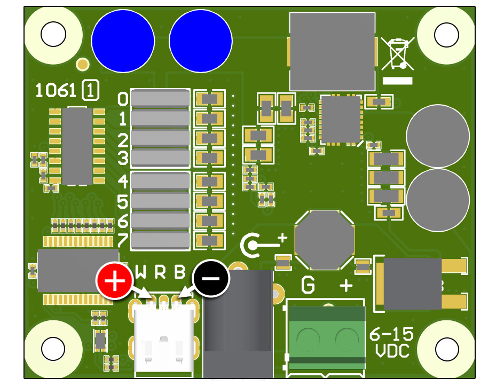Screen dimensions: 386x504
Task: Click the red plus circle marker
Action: coord(114,280)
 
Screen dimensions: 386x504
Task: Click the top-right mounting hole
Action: coord(446,35)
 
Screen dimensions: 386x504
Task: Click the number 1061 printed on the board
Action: coord(56,90)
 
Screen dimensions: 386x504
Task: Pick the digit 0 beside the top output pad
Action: coord(123,99)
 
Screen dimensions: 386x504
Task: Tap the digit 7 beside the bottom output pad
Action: coord(123,240)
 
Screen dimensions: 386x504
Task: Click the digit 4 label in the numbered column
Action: coord(123,182)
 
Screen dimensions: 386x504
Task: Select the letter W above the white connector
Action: coord(140,273)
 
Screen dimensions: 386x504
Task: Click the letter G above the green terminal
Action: coord(308,286)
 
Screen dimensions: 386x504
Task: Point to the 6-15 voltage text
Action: coord(391,335)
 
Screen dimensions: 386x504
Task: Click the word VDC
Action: coord(392,351)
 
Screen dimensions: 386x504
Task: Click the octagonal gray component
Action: coord(324,240)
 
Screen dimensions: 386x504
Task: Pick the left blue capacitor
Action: coord(123,41)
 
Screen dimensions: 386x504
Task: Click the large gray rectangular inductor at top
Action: coord(332,51)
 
